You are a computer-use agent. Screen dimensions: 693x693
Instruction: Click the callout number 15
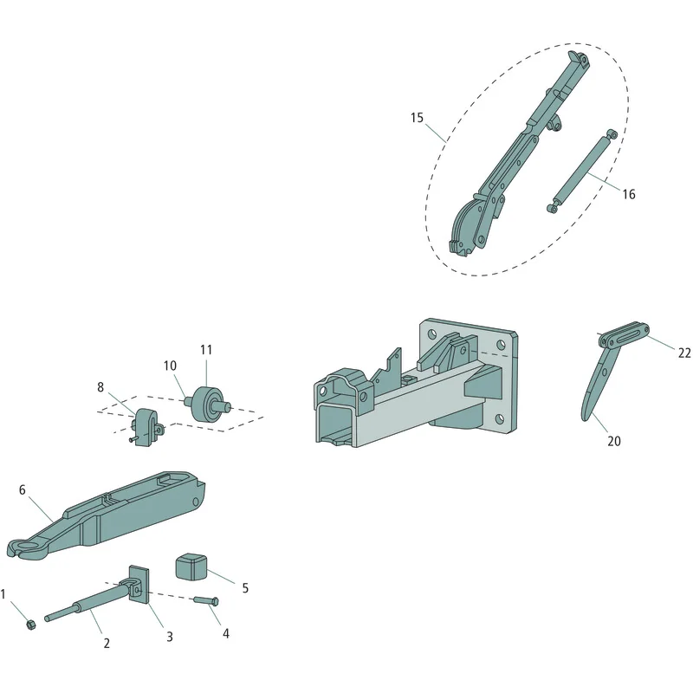click(417, 118)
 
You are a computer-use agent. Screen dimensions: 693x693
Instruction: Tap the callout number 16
click(629, 194)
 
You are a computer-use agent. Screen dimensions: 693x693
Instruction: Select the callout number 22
click(684, 353)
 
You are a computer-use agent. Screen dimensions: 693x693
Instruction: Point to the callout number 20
click(614, 441)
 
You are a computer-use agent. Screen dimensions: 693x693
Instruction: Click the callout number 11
click(206, 350)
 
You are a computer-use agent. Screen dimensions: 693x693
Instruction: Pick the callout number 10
click(170, 366)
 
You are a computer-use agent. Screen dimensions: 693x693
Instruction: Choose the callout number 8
click(100, 387)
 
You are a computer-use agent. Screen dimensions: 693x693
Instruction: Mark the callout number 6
click(23, 489)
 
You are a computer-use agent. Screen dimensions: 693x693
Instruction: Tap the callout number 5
click(245, 588)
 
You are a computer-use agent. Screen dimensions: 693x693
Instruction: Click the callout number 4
click(226, 633)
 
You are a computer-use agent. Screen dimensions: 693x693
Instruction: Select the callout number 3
click(169, 637)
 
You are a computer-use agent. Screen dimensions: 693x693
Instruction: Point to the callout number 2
click(107, 643)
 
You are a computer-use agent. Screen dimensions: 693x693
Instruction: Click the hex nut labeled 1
click(31, 625)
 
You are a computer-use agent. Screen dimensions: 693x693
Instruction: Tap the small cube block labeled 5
click(191, 566)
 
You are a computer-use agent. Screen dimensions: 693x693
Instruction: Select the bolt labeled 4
click(206, 600)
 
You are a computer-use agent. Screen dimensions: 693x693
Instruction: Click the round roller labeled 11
click(206, 404)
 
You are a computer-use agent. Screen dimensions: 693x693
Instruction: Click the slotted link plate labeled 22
click(624, 335)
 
